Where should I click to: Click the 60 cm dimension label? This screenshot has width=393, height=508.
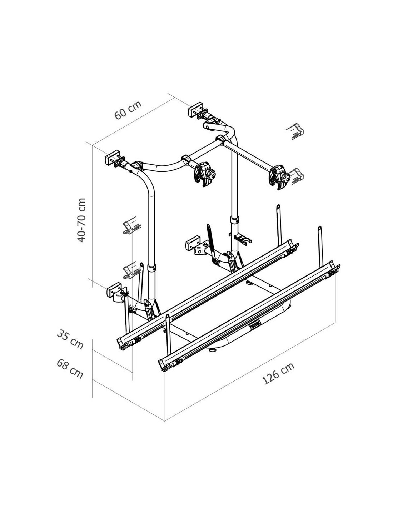click(x=128, y=110)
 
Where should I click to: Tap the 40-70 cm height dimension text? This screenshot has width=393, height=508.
click(x=81, y=220)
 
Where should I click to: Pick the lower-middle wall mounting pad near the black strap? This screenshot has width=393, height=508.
click(x=193, y=243)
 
